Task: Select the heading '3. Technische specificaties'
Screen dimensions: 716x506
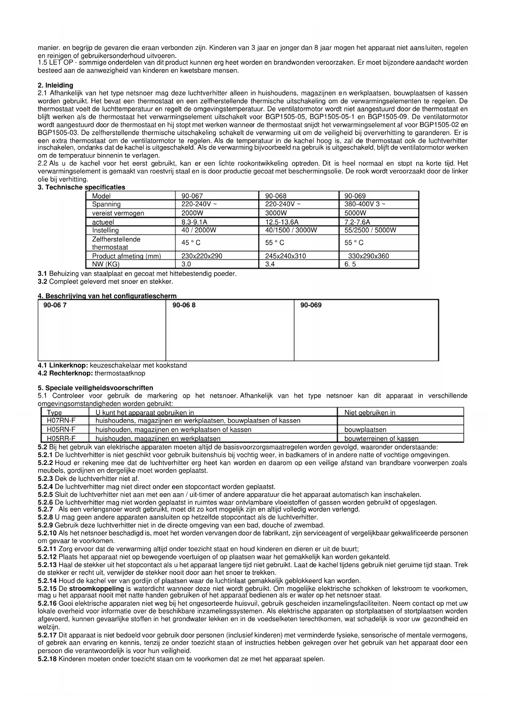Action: click(81, 187)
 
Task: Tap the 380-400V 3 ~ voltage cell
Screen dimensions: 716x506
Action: click(365, 204)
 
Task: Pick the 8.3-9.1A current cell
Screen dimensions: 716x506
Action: click(194, 222)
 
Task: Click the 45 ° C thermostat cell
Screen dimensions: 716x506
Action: click(191, 243)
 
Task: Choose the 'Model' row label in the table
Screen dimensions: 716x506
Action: click(101, 196)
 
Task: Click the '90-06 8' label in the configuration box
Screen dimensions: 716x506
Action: click(184, 305)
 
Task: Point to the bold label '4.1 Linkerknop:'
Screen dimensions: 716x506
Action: click(63, 365)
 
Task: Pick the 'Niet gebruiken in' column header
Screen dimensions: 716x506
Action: click(370, 412)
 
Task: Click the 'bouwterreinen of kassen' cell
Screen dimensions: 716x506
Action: click(381, 439)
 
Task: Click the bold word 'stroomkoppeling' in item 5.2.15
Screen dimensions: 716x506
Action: click(96, 589)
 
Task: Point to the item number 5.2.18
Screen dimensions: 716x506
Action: click(47, 659)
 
